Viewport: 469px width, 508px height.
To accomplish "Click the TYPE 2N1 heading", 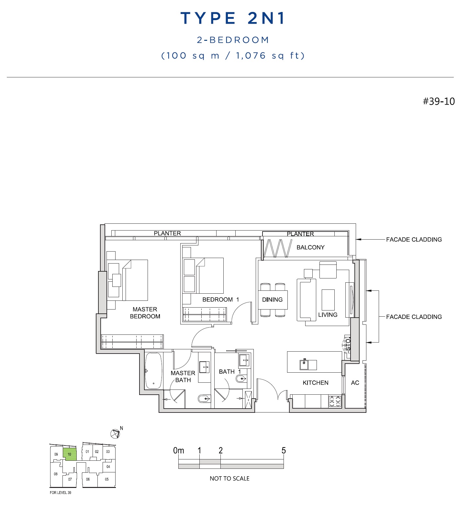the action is click(233, 18).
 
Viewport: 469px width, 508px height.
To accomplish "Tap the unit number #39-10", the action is click(439, 101).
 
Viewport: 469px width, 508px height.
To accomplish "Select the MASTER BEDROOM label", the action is click(145, 313).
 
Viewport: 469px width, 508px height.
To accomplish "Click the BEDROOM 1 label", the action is click(221, 299).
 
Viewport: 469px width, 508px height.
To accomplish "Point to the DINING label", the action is click(272, 299).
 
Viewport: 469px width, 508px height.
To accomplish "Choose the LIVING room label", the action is click(328, 315).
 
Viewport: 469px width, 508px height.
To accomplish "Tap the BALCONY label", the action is click(310, 247).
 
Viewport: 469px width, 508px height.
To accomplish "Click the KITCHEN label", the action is click(316, 383).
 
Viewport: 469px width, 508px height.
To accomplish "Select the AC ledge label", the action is click(355, 383).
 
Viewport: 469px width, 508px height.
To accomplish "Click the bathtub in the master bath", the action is click(153, 371).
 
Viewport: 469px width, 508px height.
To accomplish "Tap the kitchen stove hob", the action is click(335, 401).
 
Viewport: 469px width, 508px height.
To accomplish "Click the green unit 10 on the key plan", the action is click(70, 454).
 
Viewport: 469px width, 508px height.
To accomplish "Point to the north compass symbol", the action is click(115, 433).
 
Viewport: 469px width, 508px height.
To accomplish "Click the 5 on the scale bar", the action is click(284, 450).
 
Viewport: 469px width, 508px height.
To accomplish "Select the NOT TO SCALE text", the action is click(229, 479).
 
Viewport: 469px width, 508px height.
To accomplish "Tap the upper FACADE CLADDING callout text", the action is click(414, 240).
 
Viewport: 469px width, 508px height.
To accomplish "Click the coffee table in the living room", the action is click(328, 300).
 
